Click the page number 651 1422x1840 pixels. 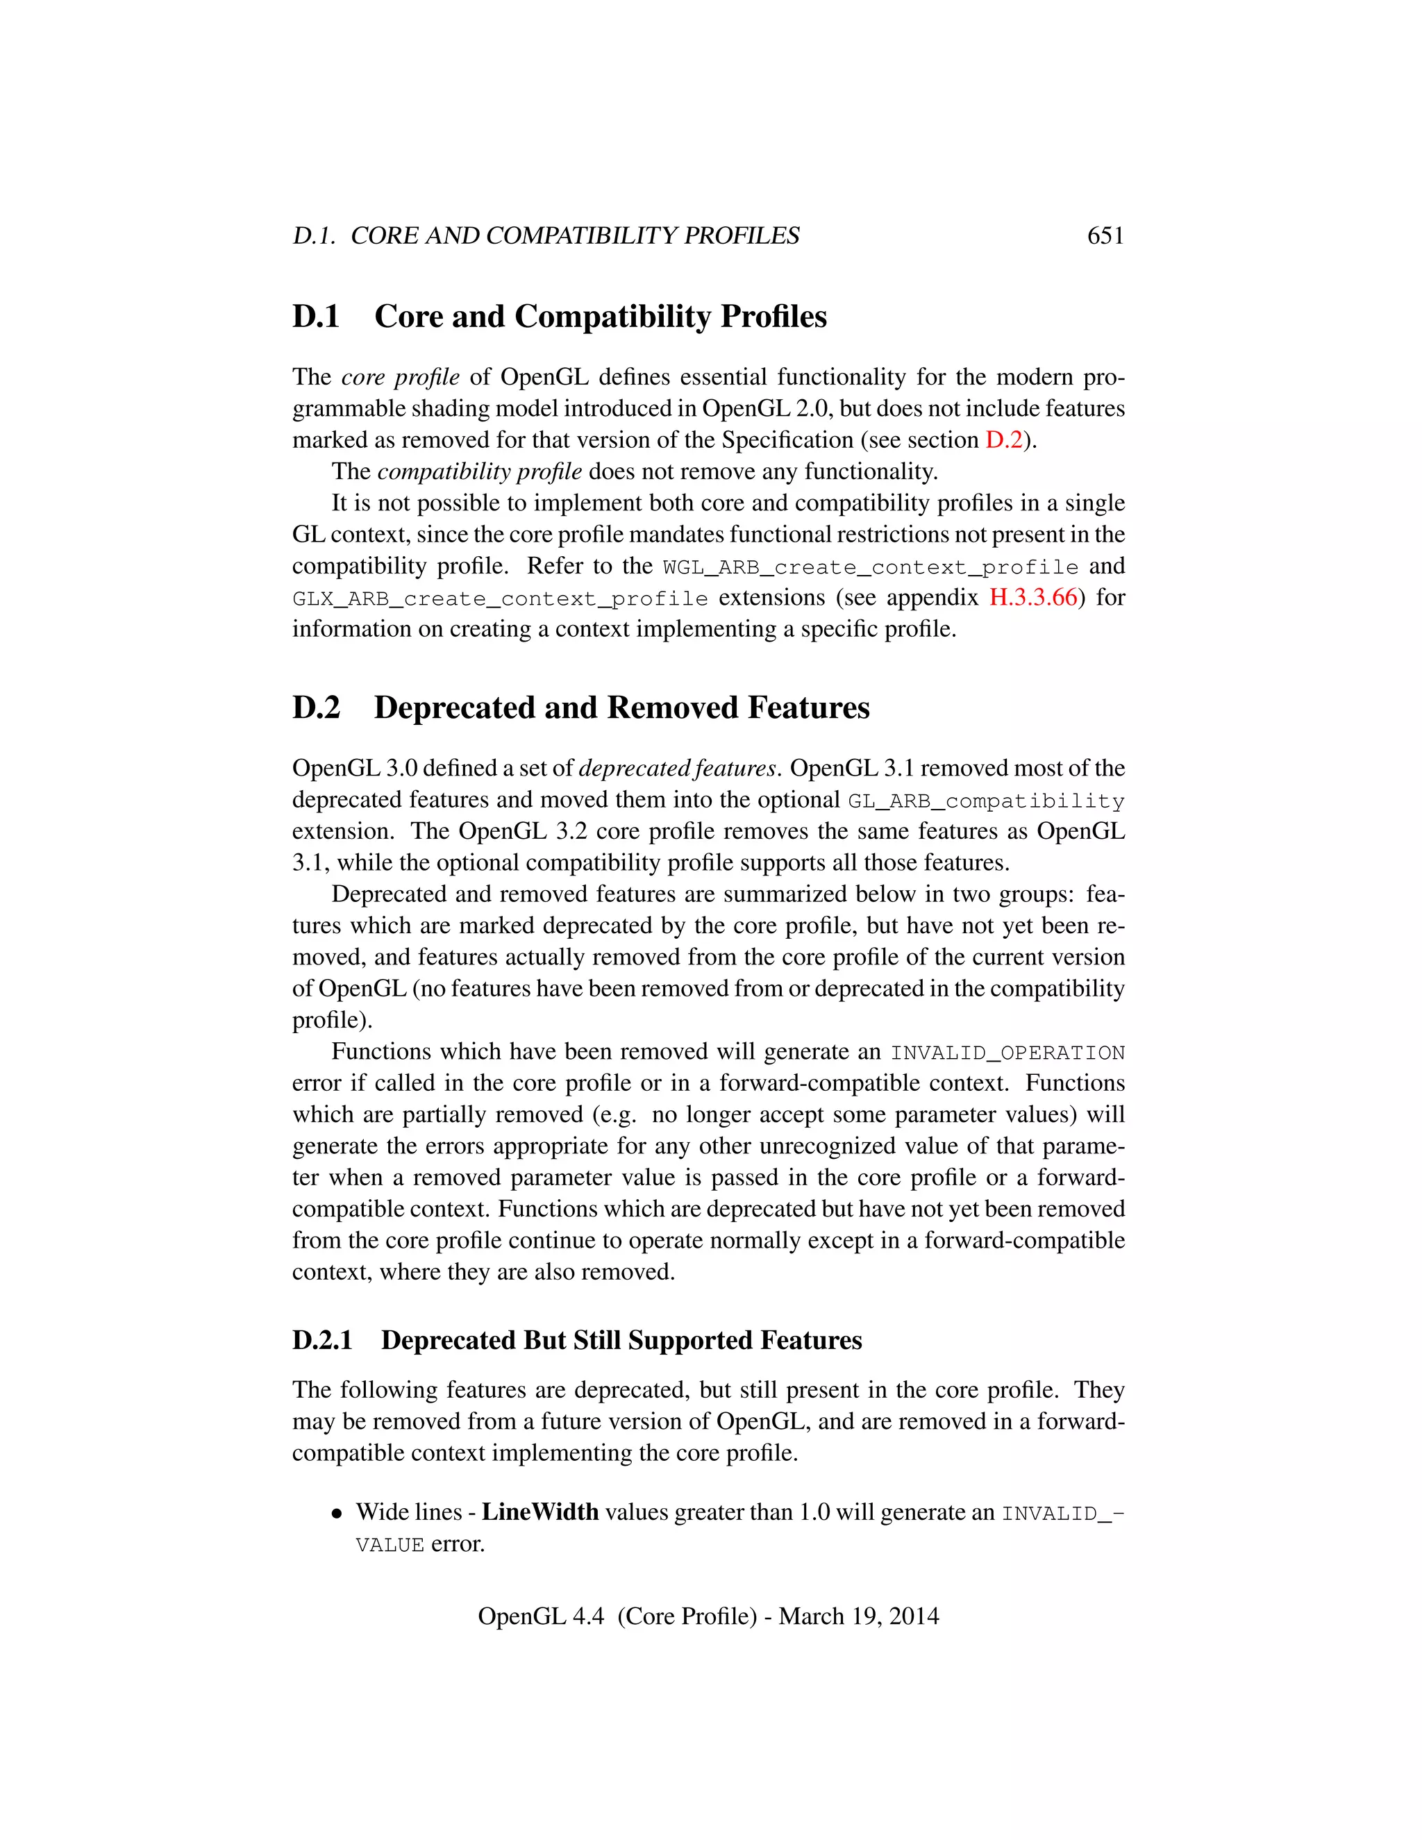(x=1105, y=236)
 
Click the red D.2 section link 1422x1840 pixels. (x=1003, y=440)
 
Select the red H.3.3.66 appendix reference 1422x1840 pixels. (x=1032, y=597)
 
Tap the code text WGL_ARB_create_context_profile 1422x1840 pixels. (x=870, y=568)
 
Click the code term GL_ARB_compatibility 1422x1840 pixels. (x=986, y=801)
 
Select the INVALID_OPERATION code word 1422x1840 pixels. (x=1007, y=1053)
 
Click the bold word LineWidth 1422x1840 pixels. (x=540, y=1512)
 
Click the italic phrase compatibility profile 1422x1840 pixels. (x=479, y=471)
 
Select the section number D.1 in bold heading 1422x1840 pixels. (x=316, y=317)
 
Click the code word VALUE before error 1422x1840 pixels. (x=390, y=1545)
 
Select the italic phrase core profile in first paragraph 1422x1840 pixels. (x=400, y=376)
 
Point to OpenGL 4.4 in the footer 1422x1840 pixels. (x=541, y=1616)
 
